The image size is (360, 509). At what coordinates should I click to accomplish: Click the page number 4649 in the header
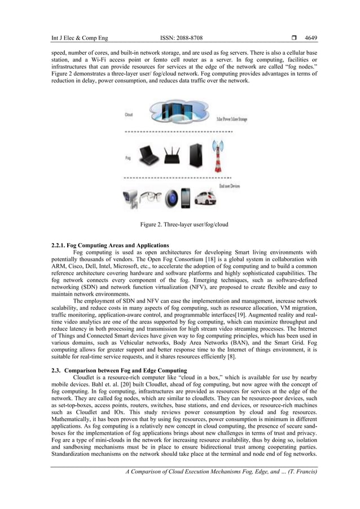311,38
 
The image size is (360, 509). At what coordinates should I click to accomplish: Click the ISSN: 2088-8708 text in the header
182,38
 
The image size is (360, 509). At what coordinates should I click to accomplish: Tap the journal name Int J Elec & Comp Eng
80,38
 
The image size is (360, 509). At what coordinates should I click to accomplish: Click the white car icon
205,199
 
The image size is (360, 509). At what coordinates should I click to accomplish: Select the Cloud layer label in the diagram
129,113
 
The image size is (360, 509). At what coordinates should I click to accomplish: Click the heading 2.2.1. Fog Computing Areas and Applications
110,245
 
